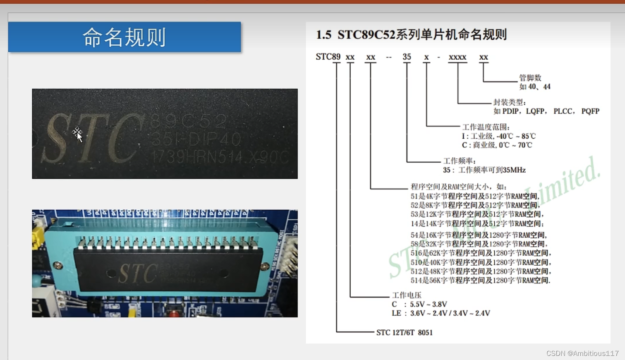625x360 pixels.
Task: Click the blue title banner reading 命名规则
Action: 124,37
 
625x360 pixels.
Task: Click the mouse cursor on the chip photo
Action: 78,134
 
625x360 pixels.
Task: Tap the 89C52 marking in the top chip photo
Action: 188,122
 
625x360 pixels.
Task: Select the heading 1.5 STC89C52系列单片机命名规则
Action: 411,35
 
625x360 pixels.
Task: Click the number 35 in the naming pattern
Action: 407,57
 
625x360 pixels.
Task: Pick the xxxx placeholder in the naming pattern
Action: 457,57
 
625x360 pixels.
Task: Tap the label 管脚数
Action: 530,78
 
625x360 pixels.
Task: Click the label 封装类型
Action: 509,102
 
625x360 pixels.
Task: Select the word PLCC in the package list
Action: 563,111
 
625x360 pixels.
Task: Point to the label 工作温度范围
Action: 486,127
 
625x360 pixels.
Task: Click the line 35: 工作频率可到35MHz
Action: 484,170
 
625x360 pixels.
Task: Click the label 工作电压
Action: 406,295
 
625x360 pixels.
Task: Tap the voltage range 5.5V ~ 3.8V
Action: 428,304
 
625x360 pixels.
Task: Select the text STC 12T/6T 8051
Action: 404,332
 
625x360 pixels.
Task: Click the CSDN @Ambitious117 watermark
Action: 582,353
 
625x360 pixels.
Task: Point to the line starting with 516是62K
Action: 481,253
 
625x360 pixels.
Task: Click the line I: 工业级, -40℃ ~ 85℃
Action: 498,136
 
